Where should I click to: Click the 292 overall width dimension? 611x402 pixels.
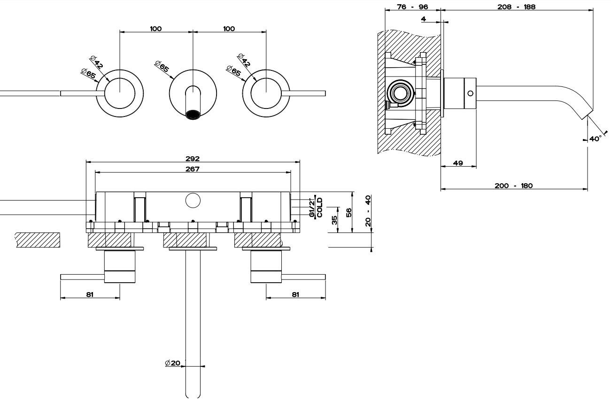[x=192, y=159]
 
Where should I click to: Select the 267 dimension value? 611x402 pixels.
[x=192, y=169]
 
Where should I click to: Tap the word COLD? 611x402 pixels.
[x=319, y=207]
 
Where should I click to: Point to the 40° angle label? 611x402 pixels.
[x=595, y=139]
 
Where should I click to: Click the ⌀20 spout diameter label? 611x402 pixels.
[x=173, y=363]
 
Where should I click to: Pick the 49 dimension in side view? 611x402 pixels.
[x=458, y=163]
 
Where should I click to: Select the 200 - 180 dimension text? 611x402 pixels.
[x=513, y=186]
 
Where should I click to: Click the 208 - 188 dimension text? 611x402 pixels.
[x=516, y=7]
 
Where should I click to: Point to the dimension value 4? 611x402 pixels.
[x=423, y=19]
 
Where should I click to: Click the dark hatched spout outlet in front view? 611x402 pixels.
[x=193, y=115]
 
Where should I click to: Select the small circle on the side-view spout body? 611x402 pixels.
[x=470, y=93]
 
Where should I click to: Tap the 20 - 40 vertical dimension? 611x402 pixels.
[x=368, y=211]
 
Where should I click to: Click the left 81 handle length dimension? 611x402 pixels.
[x=90, y=294]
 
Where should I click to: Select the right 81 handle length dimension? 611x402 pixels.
[x=295, y=294]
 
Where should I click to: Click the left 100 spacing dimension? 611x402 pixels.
[x=156, y=29]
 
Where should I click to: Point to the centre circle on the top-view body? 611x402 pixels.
[x=193, y=201]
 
